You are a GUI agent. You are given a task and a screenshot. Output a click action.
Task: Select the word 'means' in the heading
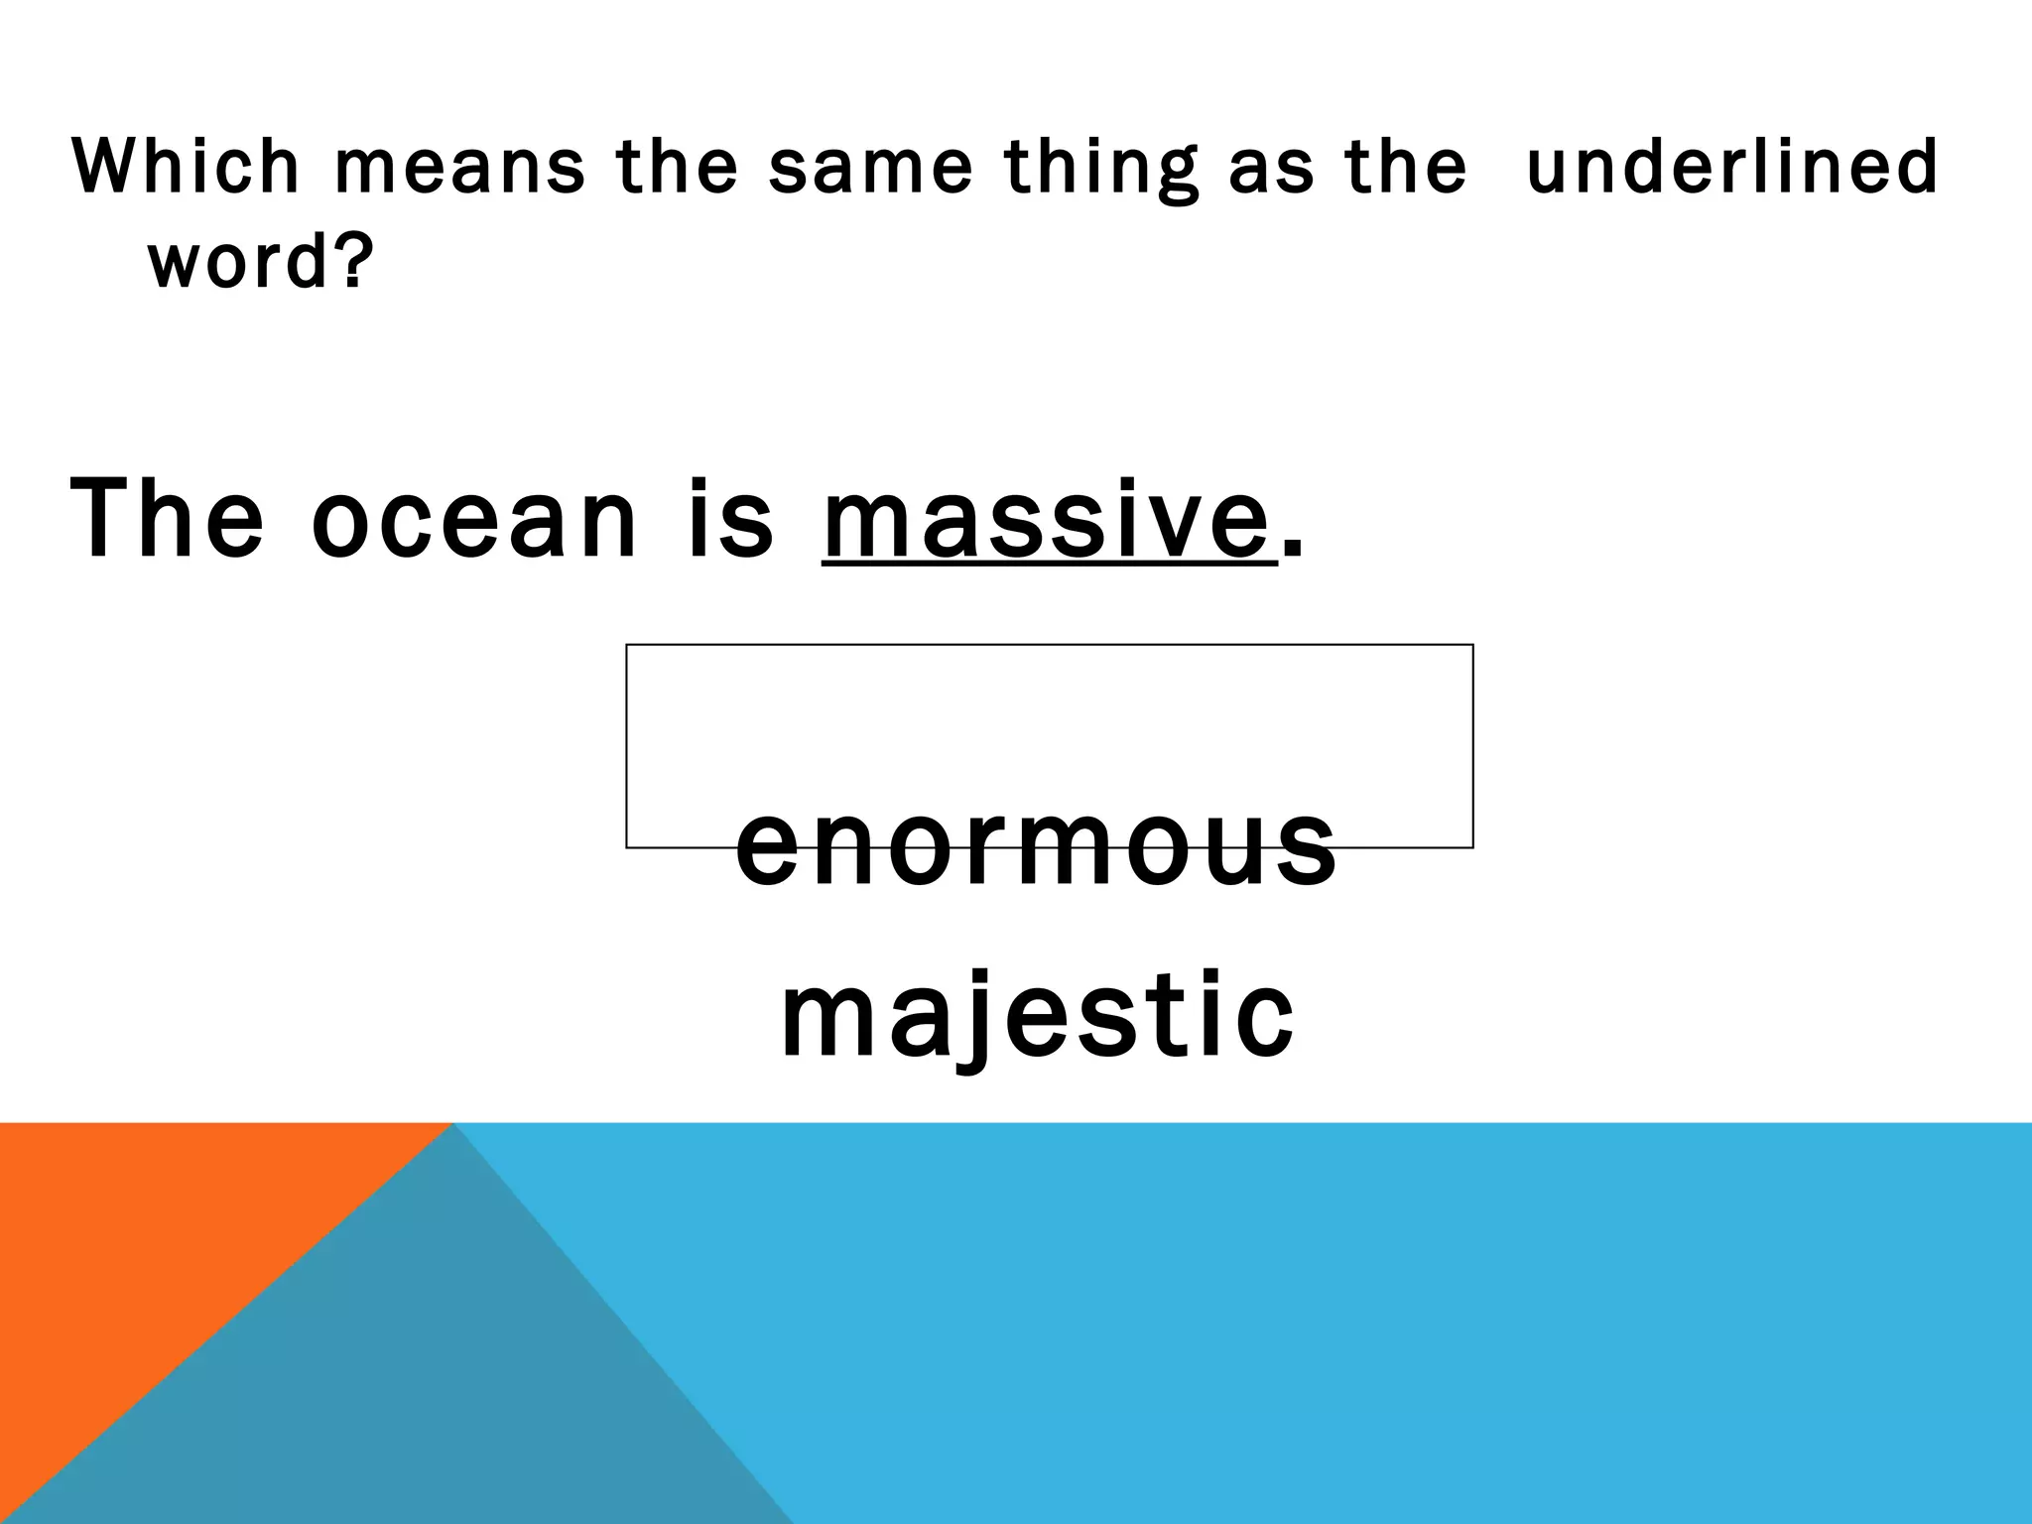click(x=459, y=167)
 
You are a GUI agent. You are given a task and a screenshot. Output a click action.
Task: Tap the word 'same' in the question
click(x=870, y=167)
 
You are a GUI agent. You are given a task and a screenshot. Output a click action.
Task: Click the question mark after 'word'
click(x=354, y=259)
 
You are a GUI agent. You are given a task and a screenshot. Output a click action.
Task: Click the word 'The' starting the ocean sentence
click(x=167, y=518)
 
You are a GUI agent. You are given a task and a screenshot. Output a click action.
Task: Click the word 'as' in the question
click(x=1271, y=167)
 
